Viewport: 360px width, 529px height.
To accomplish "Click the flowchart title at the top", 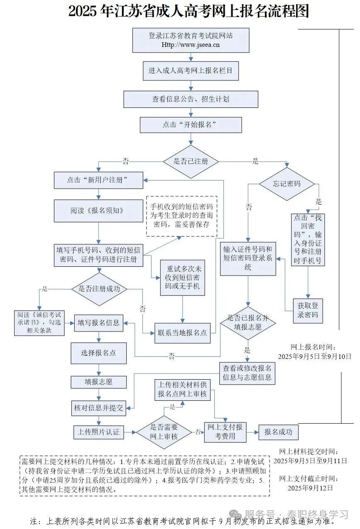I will (189, 11).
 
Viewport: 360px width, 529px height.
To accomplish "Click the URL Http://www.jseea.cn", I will (191, 45).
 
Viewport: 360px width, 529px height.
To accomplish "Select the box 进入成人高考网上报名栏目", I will (191, 71).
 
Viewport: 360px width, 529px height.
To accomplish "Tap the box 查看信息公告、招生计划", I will (191, 99).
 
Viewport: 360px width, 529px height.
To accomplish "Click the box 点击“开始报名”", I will (191, 125).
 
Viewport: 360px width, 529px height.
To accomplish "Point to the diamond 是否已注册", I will (191, 161).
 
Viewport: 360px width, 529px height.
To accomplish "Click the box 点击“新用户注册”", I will (98, 180).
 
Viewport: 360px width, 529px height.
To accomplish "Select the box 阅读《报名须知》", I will (98, 210).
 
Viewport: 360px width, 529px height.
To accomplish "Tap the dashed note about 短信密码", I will (181, 216).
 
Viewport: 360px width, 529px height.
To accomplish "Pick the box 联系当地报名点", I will (182, 333).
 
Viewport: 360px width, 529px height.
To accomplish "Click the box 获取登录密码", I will (308, 310).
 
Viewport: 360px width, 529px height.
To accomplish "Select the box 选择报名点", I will (98, 353).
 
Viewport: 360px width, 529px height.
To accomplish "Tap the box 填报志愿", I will (98, 382).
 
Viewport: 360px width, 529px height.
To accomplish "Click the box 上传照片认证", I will (98, 432).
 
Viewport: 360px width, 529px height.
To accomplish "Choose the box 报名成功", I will (278, 432).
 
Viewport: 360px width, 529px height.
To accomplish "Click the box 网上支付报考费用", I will (225, 432).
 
